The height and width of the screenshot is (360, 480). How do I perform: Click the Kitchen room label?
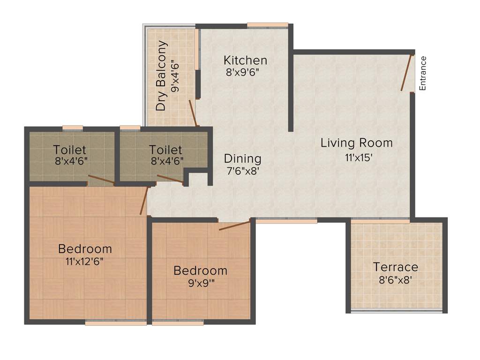point(245,60)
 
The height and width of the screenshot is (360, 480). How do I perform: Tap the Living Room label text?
point(356,143)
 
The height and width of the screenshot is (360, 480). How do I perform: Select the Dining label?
point(242,158)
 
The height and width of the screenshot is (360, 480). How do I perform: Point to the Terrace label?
point(395,267)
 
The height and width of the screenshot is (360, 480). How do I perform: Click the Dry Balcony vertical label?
point(161,76)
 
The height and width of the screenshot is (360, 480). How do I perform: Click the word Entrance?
point(423,73)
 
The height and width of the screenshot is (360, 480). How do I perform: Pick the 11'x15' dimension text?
point(359,158)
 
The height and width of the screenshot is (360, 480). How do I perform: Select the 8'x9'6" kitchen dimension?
point(242,73)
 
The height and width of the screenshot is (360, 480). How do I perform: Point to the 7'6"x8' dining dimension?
point(243,171)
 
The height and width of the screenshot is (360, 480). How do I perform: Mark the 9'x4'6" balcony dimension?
point(175,76)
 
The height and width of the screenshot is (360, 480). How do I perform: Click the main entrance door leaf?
point(406,73)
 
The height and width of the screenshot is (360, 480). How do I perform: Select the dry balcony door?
point(193,113)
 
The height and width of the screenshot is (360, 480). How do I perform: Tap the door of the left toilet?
point(101,180)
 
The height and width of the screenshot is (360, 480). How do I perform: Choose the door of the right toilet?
point(170,179)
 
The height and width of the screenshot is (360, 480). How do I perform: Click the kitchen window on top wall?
point(268,25)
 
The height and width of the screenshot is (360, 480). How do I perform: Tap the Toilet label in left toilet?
point(69,150)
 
